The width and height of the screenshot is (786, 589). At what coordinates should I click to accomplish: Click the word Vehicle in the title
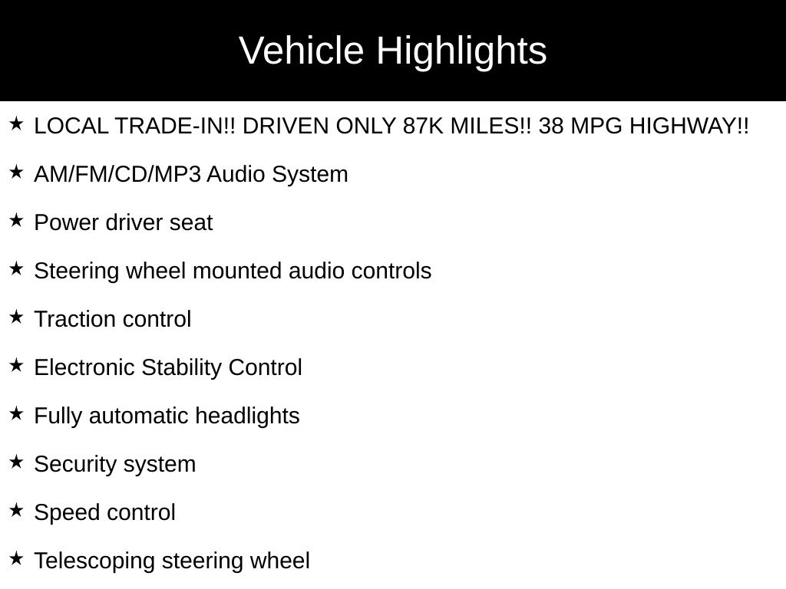click(301, 51)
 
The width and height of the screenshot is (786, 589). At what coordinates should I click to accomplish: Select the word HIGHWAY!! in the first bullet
click(689, 126)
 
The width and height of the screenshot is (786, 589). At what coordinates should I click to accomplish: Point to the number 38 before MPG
click(551, 126)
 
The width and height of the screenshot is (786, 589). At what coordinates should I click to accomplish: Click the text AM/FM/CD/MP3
click(117, 174)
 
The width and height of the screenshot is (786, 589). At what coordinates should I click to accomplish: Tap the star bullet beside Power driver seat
click(17, 220)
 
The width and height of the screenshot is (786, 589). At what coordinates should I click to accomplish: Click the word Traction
click(74, 319)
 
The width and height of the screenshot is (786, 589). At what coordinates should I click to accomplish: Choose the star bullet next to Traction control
click(17, 317)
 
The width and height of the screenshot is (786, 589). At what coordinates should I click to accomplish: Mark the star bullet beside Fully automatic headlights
click(17, 413)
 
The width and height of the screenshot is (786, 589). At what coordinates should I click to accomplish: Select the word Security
click(75, 465)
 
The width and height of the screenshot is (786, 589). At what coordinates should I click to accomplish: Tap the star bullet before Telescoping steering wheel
click(17, 558)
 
